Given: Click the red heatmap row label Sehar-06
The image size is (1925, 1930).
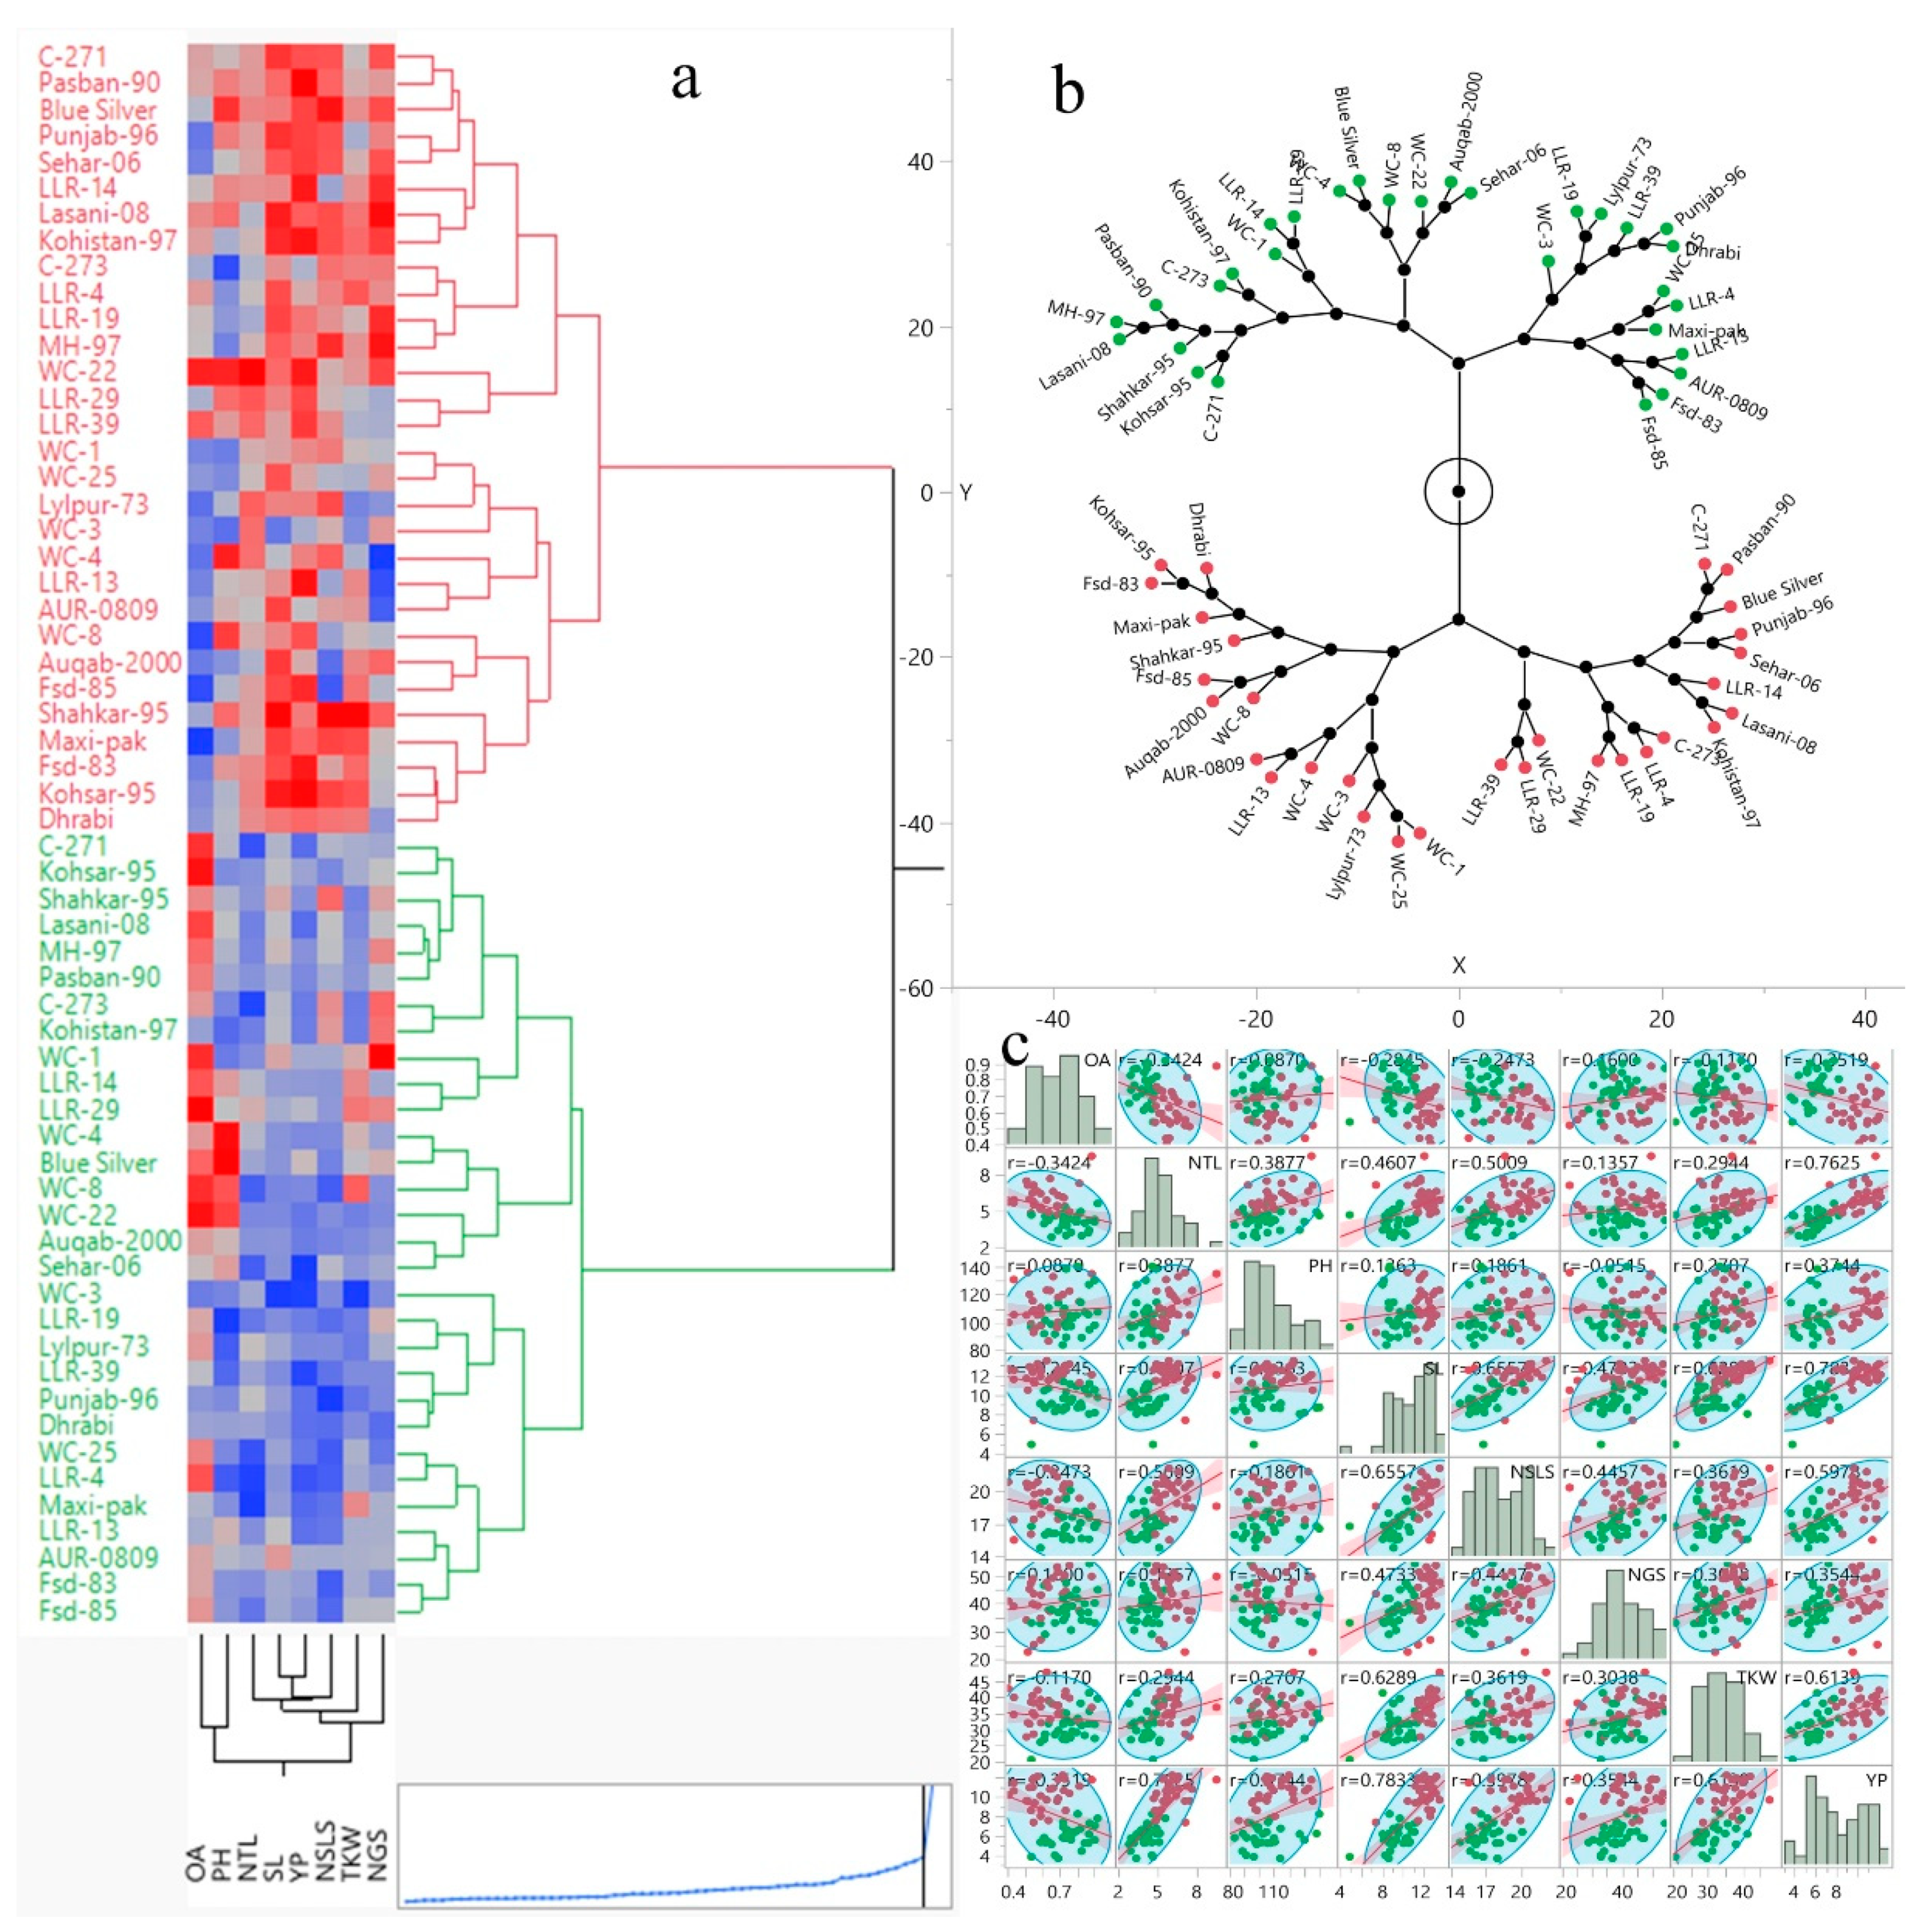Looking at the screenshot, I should [90, 163].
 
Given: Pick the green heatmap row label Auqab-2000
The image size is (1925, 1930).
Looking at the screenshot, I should [110, 1240].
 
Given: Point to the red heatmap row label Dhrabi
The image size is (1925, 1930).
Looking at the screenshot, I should [76, 819].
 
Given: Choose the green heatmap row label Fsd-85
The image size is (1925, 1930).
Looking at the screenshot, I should [78, 1610].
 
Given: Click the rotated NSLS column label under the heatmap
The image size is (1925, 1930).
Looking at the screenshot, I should [325, 1848].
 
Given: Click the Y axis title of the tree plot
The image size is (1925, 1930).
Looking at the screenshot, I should [965, 492].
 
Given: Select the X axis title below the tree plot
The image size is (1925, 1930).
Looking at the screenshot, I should [1458, 965].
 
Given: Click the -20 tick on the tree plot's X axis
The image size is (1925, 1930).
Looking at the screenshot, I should [1256, 1020].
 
